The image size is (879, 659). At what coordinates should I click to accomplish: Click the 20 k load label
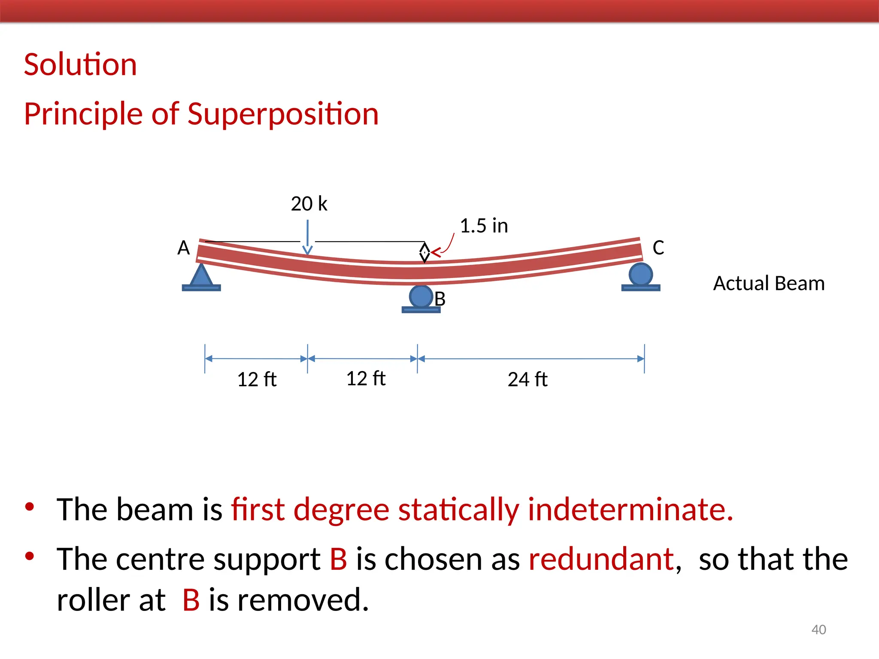point(309,204)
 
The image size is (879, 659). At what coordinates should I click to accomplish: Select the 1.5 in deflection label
point(484,226)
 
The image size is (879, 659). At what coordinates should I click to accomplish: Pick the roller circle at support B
point(421,296)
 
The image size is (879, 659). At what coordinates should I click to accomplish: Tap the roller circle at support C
point(640,274)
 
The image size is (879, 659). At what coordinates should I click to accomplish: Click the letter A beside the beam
point(183,248)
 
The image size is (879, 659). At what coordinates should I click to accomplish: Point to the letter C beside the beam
point(658,248)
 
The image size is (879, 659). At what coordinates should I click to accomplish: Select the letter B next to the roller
point(440,299)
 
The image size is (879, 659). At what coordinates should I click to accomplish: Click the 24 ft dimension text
point(527,380)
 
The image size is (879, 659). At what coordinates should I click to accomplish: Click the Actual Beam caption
point(769,284)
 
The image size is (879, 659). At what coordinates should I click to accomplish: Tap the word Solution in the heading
point(80,65)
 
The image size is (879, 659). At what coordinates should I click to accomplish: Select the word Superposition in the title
point(283,114)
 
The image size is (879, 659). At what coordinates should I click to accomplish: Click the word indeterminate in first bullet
point(630,510)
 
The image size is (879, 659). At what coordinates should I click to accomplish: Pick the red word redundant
point(601,559)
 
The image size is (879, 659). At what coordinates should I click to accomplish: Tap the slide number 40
point(818,630)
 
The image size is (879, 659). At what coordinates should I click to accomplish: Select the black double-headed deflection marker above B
point(424,253)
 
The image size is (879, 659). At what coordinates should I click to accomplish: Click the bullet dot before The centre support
point(30,556)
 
